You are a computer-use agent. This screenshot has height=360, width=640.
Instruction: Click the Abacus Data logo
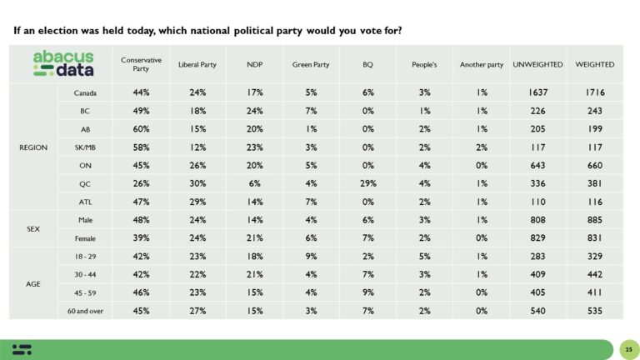[62, 63]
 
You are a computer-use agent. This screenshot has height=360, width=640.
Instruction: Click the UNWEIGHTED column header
[537, 64]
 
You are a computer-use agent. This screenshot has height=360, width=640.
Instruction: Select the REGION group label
[34, 147]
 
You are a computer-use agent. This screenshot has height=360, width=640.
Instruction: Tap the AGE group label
[34, 283]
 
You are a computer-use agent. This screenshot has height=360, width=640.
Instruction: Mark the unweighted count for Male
[537, 219]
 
